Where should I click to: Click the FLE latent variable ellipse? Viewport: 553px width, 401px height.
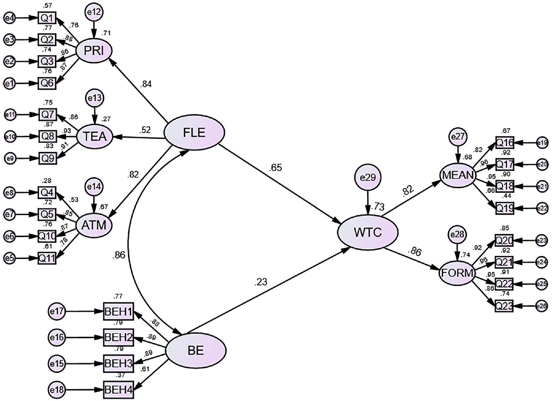[x=194, y=133]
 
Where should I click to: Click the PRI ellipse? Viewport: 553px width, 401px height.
[x=94, y=51]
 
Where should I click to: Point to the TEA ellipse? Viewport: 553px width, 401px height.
[x=95, y=137]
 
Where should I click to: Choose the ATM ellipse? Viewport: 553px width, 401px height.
[x=94, y=225]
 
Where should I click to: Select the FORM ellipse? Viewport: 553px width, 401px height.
[x=457, y=273]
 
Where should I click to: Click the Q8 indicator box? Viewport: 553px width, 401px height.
[x=48, y=137]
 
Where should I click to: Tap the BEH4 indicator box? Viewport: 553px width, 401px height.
[x=118, y=390]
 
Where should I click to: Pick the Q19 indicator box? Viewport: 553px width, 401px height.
[x=505, y=208]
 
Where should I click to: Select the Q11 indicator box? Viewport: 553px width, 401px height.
[x=47, y=258]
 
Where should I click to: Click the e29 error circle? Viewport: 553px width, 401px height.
[x=368, y=178]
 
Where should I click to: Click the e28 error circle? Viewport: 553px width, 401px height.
[x=457, y=235]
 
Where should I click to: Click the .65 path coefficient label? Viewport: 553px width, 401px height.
[x=276, y=168]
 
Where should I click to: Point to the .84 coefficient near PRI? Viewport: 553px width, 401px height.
[x=146, y=84]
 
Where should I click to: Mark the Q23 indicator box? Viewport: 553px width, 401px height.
[x=504, y=306]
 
